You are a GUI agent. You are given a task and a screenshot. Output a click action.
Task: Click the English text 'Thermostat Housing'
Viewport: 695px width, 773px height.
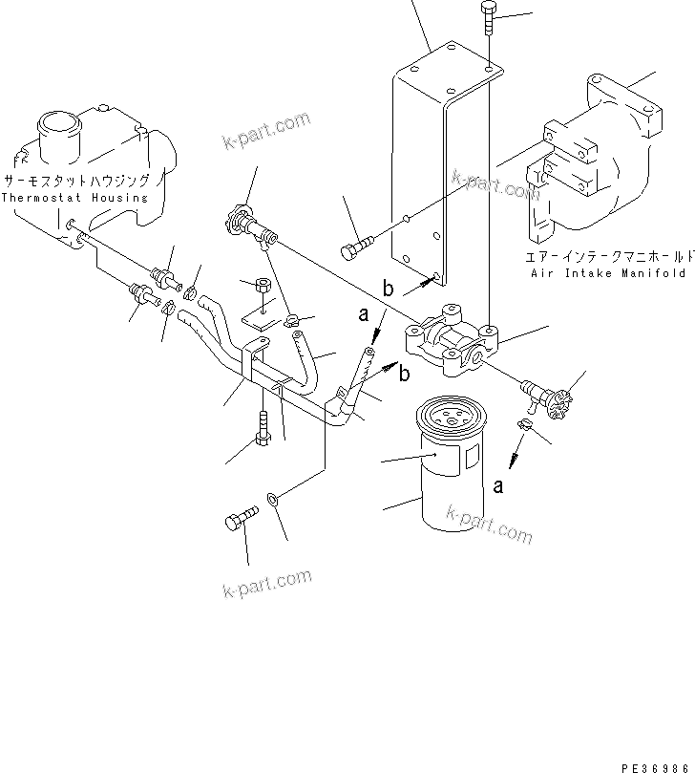pyautogui.click(x=74, y=198)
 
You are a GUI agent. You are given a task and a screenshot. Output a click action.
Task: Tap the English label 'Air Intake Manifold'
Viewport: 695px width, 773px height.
pyautogui.click(x=608, y=272)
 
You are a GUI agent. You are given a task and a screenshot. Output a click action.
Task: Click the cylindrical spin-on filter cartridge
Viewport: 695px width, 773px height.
pyautogui.click(x=448, y=469)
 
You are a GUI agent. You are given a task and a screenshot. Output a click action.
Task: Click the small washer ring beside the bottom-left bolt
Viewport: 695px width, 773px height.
pyautogui.click(x=274, y=498)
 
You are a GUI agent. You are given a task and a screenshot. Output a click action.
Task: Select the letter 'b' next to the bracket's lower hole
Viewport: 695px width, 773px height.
pyautogui.click(x=388, y=288)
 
